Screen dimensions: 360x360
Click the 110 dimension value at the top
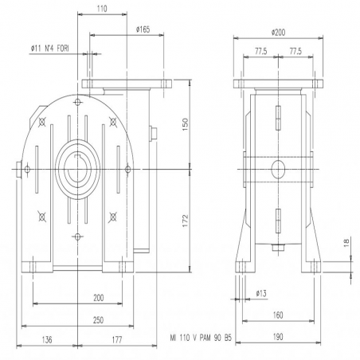(102, 9)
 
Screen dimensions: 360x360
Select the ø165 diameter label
(143, 29)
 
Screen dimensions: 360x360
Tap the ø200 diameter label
(278, 33)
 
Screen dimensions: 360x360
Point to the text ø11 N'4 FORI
(49, 49)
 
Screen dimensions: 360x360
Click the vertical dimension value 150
(186, 124)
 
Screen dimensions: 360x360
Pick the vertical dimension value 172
(186, 221)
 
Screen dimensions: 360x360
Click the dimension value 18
(347, 243)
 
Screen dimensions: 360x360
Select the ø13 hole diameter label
(261, 294)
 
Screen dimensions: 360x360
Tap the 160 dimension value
(278, 315)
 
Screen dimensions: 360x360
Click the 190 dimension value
(278, 337)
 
